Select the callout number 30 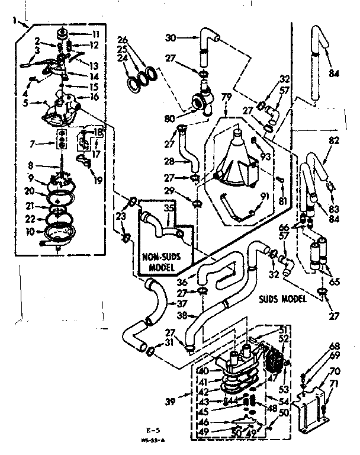pyautogui.click(x=170, y=37)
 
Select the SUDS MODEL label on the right pyautogui.click(x=282, y=299)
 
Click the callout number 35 pyautogui.click(x=169, y=209)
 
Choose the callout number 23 pyautogui.click(x=122, y=217)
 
